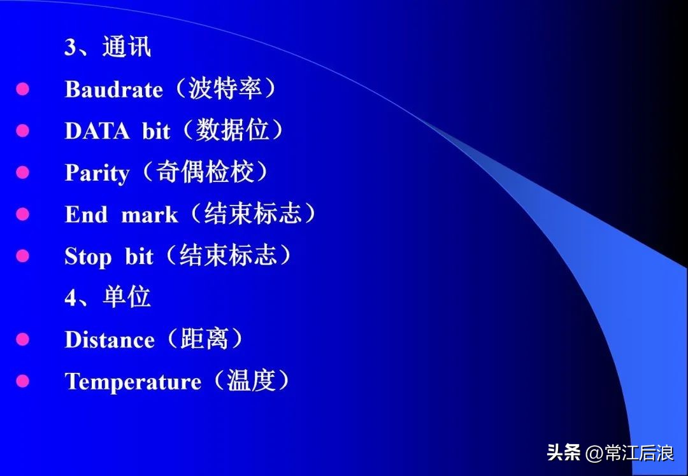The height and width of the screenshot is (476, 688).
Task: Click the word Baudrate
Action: click(x=113, y=89)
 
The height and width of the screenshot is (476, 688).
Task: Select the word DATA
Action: click(x=97, y=131)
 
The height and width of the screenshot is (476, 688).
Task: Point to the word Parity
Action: click(x=97, y=173)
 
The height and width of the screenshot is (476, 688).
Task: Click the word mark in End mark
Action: click(x=149, y=215)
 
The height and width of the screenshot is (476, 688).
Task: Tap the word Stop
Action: click(x=88, y=257)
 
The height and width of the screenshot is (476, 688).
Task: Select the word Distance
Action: click(x=109, y=340)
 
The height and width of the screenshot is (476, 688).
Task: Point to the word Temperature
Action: click(x=133, y=382)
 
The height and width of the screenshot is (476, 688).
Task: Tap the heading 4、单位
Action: click(x=108, y=298)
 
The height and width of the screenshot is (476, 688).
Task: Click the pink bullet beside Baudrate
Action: click(x=23, y=89)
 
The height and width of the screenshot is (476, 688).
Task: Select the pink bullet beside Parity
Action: click(x=23, y=173)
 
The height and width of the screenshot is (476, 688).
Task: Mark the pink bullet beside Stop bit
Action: click(x=23, y=257)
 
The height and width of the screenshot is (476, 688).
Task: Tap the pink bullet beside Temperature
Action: click(x=23, y=382)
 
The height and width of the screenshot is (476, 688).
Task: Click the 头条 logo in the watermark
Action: click(x=564, y=452)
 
